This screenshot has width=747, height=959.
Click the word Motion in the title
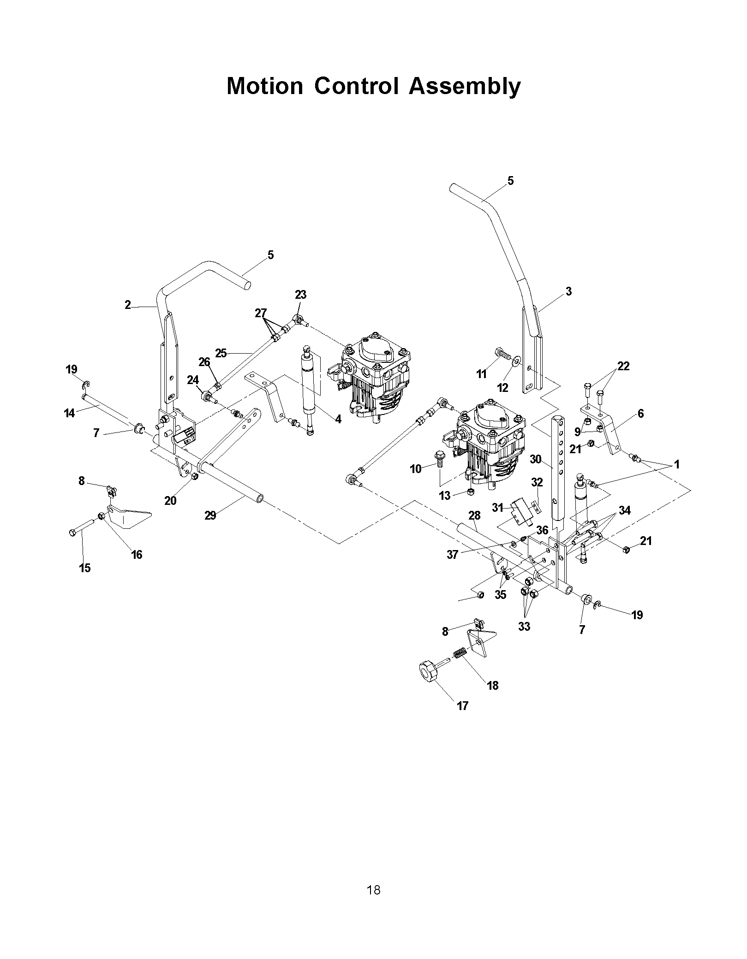(265, 86)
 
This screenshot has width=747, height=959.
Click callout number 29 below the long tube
(210, 515)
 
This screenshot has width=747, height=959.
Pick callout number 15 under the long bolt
(85, 568)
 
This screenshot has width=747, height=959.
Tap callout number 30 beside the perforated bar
(535, 459)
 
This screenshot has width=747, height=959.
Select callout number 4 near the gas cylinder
(338, 420)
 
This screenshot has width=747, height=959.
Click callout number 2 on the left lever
(128, 305)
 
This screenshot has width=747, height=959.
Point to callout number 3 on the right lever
(568, 291)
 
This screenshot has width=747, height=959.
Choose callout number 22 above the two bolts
(623, 366)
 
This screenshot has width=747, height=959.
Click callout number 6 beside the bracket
(641, 414)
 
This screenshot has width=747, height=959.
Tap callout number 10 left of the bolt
(416, 469)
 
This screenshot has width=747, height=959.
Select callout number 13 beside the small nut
(445, 497)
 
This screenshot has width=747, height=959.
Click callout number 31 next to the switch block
(497, 508)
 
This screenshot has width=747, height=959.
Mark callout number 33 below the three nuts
(524, 627)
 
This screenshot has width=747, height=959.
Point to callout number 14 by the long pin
(69, 413)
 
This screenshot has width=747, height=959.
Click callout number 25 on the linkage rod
(221, 353)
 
